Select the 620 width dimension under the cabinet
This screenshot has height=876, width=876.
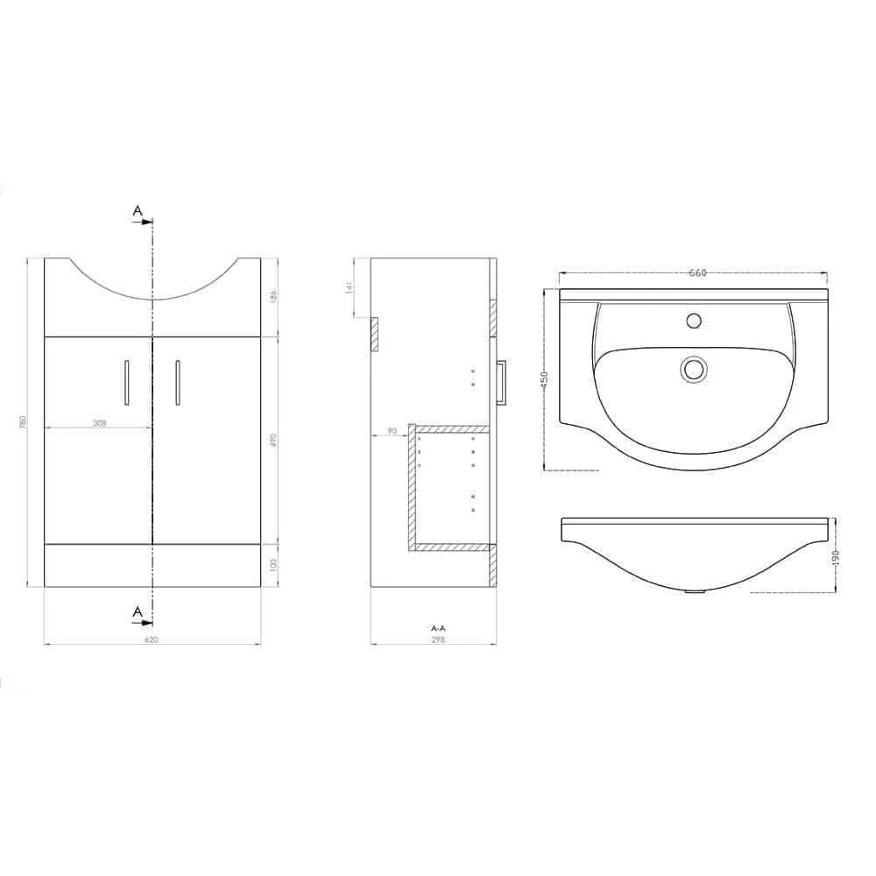click(151, 640)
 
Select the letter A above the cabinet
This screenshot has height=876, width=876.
click(137, 210)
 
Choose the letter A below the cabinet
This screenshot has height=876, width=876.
click(137, 611)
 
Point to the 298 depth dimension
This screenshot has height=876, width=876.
click(439, 640)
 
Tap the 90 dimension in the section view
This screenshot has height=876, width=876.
click(391, 431)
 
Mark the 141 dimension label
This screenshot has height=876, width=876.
click(349, 287)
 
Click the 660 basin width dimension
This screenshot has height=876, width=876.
click(696, 273)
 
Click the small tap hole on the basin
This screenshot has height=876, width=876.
click(695, 320)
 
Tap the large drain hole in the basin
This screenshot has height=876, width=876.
click(695, 369)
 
